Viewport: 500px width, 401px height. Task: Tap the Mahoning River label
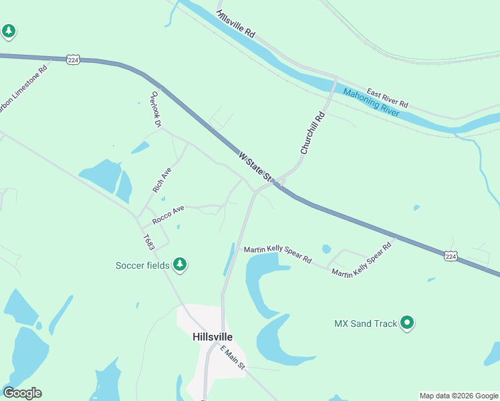coord(371,103)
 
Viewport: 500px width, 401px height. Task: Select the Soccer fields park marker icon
coord(179,265)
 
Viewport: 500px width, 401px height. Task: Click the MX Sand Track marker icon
coord(407,323)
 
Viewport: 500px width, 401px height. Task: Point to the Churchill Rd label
coord(313,133)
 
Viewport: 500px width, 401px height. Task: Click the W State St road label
coord(257,167)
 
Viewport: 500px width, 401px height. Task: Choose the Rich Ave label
coord(162,180)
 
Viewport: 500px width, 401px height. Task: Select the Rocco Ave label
coord(168,214)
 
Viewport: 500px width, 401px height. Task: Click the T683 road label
coord(148,242)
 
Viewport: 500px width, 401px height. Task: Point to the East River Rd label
coord(387,98)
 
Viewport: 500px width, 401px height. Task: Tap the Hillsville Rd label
coord(236,23)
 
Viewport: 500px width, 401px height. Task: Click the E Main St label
coord(234,358)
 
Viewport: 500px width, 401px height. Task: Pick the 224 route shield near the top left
coord(74,60)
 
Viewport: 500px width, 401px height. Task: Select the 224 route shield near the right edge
coord(451,255)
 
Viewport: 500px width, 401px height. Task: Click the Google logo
coord(22,393)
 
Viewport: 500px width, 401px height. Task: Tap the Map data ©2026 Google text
coord(459,396)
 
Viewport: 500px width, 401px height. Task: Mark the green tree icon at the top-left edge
coord(8,31)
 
